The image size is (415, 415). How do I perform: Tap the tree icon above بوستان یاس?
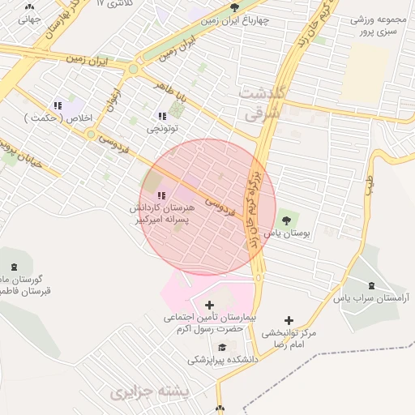pos(286,219)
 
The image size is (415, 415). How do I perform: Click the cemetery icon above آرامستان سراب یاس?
pos(372,285)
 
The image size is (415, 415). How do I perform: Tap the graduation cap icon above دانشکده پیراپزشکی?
pos(222,347)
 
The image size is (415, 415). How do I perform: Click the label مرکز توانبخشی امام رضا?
pos(290,339)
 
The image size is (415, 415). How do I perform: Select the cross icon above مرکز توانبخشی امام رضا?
pos(289,321)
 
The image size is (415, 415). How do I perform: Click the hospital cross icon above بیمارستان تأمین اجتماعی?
pos(211,305)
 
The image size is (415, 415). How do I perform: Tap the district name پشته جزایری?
pos(146,394)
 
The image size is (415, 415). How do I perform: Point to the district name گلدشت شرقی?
pos(262,104)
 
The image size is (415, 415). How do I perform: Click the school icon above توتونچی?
pos(162,116)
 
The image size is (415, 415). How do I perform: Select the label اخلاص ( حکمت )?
pos(56,118)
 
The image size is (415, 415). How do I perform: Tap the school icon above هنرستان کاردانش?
pos(161,195)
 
